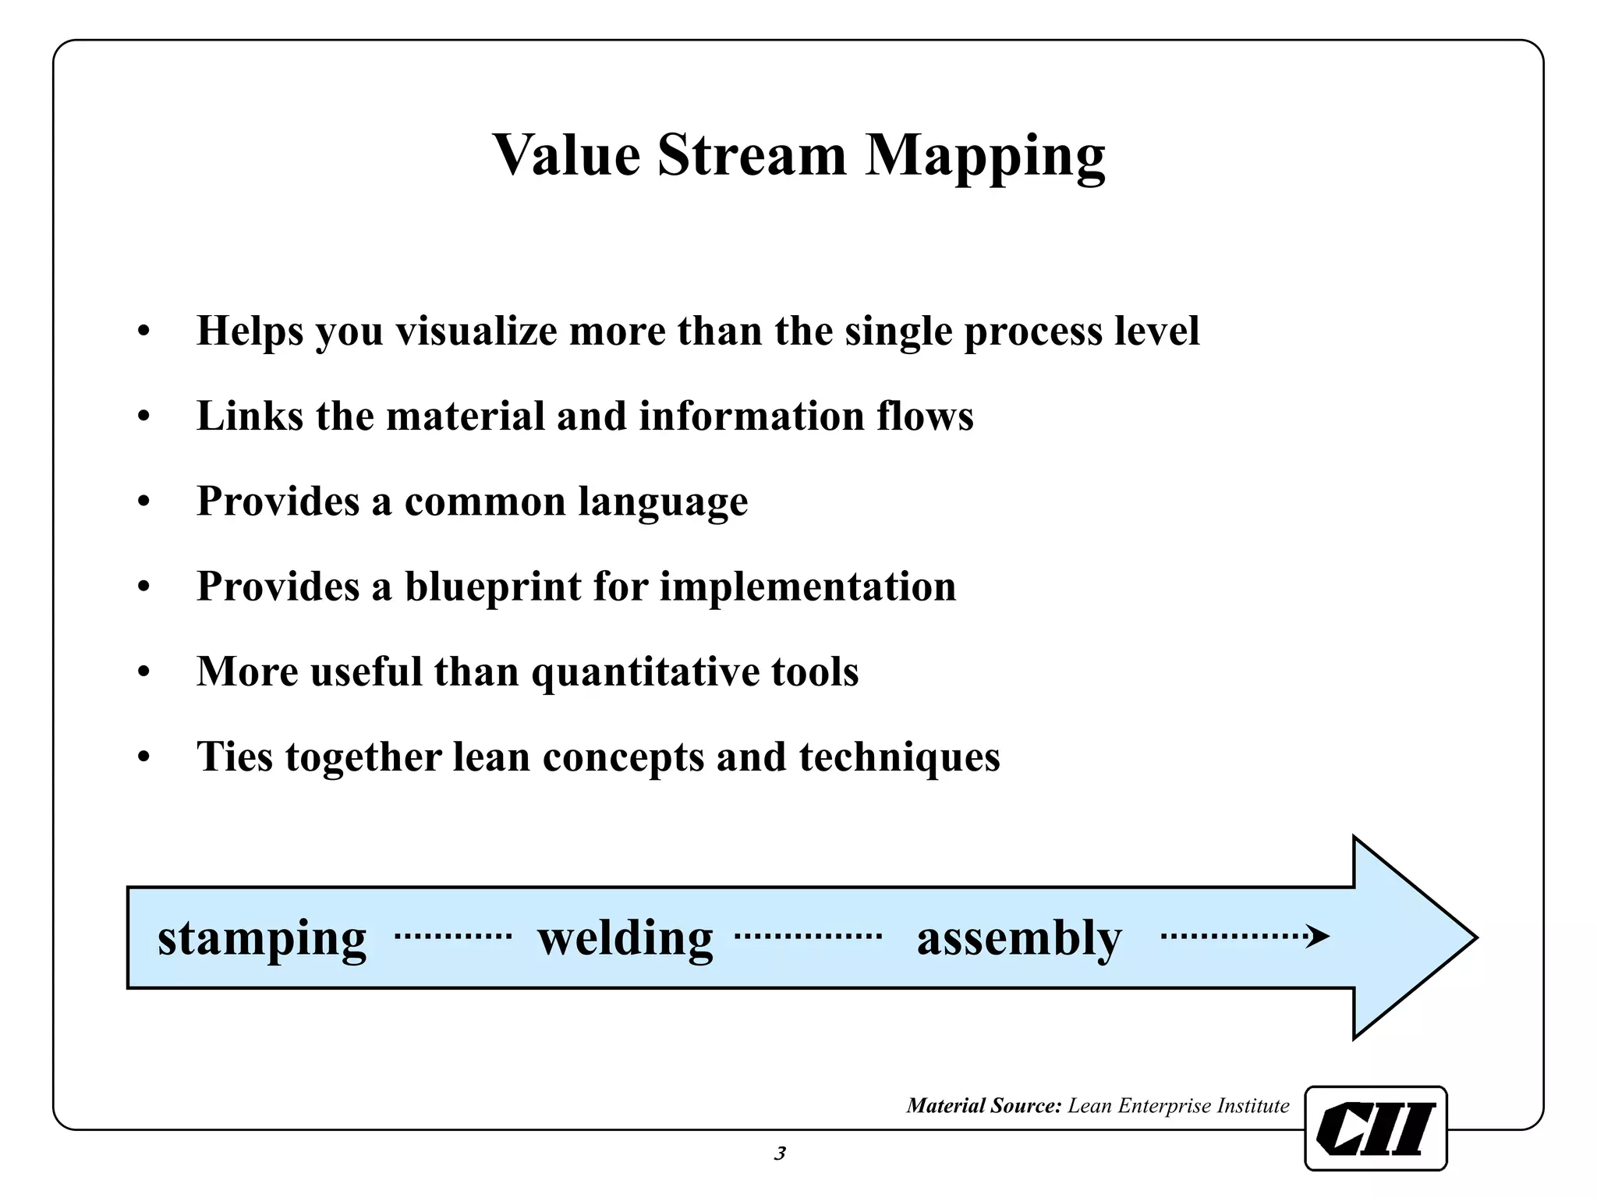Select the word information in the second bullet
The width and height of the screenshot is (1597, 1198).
(752, 416)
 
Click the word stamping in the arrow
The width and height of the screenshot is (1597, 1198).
(262, 938)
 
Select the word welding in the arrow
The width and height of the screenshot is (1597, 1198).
(625, 937)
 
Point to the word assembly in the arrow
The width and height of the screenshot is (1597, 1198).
(1019, 938)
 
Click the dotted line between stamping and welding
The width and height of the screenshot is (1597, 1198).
(453, 935)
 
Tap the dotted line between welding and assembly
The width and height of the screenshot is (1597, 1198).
(808, 935)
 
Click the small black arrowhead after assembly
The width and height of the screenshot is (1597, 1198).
(1318, 936)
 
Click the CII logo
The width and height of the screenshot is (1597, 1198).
(1376, 1128)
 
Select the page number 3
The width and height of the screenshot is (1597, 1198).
(780, 1154)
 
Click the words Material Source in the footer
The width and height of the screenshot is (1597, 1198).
(984, 1105)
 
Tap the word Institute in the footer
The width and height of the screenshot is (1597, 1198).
(1253, 1105)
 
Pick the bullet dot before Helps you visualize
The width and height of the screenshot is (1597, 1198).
(143, 332)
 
